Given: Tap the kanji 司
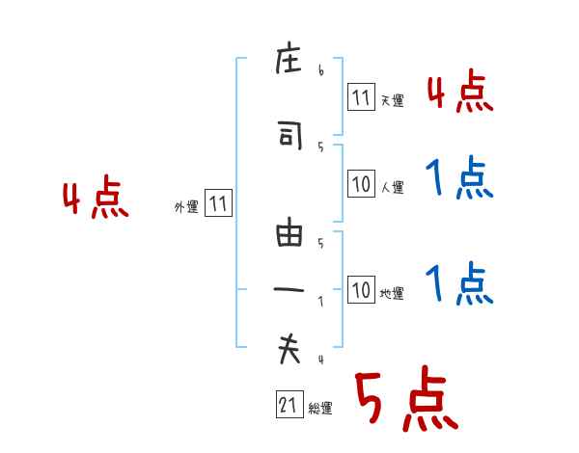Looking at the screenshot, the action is click(x=289, y=135).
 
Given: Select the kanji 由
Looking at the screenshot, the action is click(x=289, y=231).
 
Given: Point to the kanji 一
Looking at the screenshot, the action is click(x=289, y=290).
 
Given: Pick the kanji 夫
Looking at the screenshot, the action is click(x=289, y=348).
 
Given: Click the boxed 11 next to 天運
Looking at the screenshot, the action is click(x=361, y=96).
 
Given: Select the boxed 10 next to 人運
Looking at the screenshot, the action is click(x=361, y=183).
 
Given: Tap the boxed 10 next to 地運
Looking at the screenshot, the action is click(x=361, y=289).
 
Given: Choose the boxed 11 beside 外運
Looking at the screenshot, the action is click(x=218, y=203).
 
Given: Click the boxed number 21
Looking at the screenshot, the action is click(x=289, y=404).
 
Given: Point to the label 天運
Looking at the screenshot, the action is click(x=393, y=100).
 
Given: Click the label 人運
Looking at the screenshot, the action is click(x=393, y=187).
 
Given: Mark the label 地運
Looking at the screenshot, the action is click(x=392, y=294).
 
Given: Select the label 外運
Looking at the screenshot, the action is click(x=186, y=207).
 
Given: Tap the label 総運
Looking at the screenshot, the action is click(x=320, y=409).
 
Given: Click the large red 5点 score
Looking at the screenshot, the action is click(x=407, y=398).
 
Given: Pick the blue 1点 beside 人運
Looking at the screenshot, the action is click(x=459, y=177).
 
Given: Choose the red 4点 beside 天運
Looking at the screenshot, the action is click(x=460, y=91).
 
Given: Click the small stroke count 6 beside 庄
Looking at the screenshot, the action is click(x=321, y=69).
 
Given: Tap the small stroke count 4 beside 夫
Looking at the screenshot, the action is click(x=321, y=360).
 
